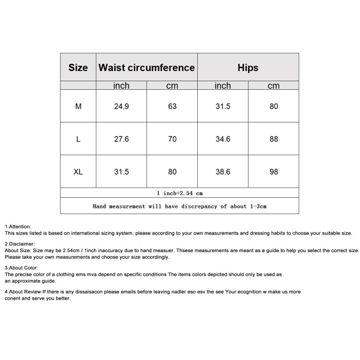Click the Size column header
[x=78, y=68]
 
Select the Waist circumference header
[x=146, y=68]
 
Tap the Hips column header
[x=248, y=68]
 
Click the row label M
[x=78, y=107]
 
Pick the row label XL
[x=78, y=172]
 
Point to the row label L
[x=78, y=139]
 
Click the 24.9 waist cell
[x=121, y=107]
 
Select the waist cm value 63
[x=172, y=107]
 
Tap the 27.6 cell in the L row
[x=121, y=139]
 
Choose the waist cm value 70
[x=172, y=139]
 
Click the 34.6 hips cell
[x=223, y=139]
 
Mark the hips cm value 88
[x=274, y=139]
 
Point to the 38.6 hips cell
[x=223, y=172]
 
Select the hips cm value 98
[x=274, y=172]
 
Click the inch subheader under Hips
[x=223, y=86]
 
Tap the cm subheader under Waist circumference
[x=172, y=86]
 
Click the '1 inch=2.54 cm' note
[x=180, y=193]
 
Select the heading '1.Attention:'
[x=18, y=226]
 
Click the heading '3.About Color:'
[x=21, y=268]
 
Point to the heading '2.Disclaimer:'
[x=20, y=244]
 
